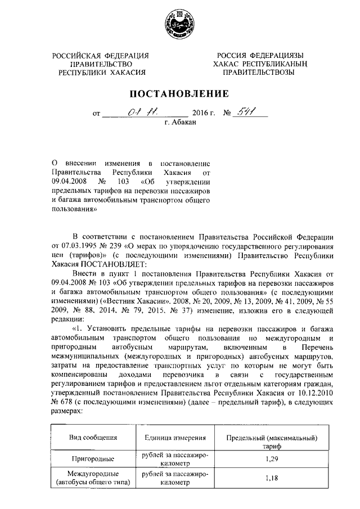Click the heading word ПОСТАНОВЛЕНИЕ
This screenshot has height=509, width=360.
(x=180, y=93)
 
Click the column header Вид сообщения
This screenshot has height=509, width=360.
(x=93, y=438)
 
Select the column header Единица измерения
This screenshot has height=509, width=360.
(x=175, y=438)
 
